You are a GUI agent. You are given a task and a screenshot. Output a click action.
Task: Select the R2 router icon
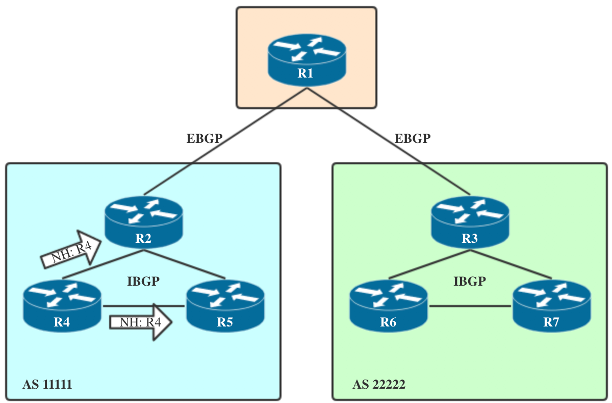(x=143, y=219)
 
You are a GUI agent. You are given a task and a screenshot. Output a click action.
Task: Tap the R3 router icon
(x=470, y=219)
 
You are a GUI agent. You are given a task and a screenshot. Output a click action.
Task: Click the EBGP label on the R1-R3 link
(x=413, y=138)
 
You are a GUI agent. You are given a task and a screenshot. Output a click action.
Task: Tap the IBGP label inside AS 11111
(x=143, y=281)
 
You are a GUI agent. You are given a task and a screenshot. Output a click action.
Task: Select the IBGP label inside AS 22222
(x=470, y=281)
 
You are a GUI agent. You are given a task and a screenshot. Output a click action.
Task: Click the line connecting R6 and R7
(x=470, y=306)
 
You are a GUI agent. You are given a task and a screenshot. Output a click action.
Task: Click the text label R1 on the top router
(x=305, y=73)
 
